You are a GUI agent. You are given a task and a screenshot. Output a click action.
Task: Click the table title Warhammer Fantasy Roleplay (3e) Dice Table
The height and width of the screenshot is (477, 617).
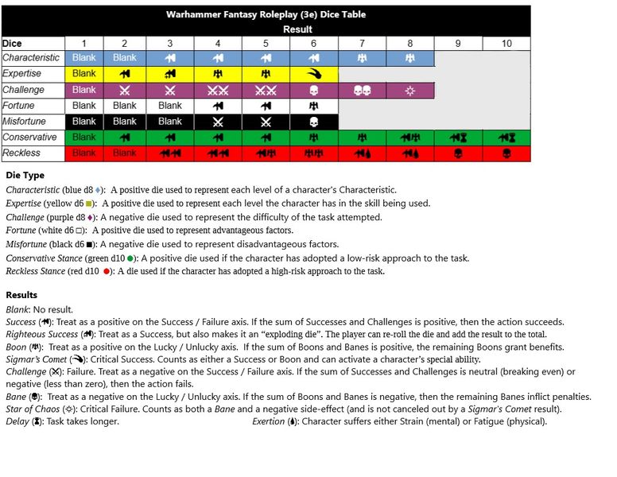[x=266, y=14]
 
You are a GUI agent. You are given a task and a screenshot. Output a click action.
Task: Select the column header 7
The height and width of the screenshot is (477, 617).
[x=362, y=43]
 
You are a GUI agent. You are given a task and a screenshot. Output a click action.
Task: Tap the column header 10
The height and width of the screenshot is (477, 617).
[x=506, y=43]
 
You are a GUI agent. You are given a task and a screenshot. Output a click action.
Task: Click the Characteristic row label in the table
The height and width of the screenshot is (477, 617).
[x=31, y=58]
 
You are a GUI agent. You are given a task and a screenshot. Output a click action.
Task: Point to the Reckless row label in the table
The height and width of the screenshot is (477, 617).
[x=21, y=153]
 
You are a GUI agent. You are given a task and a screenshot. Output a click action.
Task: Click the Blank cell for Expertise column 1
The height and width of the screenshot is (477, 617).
[x=83, y=74]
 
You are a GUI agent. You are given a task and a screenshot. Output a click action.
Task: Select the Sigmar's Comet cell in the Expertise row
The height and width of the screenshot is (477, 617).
[x=313, y=74]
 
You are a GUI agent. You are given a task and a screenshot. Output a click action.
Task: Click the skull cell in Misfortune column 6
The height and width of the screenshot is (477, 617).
[x=313, y=122]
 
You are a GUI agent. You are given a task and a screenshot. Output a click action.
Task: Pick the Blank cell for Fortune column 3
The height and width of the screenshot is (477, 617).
[x=169, y=106]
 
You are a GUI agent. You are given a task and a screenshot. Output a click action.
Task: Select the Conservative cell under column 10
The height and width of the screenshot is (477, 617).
[x=506, y=138]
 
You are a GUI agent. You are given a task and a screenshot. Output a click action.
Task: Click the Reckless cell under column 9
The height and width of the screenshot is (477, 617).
[x=458, y=153]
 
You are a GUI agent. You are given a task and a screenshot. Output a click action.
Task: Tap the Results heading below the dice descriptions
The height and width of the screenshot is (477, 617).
[x=21, y=295]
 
